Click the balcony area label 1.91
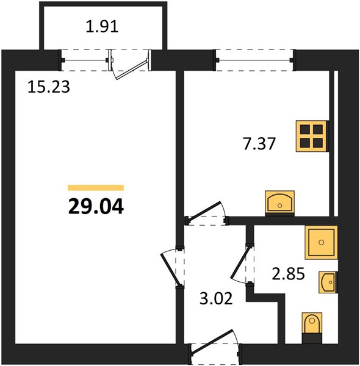click(x=102, y=26)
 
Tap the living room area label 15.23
click(x=49, y=87)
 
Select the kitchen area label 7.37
click(x=259, y=143)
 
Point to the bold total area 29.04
click(x=96, y=207)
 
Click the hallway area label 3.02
click(x=216, y=298)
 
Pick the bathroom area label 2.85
click(x=289, y=273)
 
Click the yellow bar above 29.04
click(x=96, y=188)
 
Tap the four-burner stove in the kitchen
click(x=312, y=136)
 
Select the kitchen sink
click(x=279, y=203)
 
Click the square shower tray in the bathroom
click(x=321, y=242)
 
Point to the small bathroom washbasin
click(x=328, y=282)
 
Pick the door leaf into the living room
click(x=170, y=269)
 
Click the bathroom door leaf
click(x=240, y=263)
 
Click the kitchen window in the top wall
click(x=254, y=60)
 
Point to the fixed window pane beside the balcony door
click(x=85, y=60)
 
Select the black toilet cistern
click(x=312, y=339)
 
